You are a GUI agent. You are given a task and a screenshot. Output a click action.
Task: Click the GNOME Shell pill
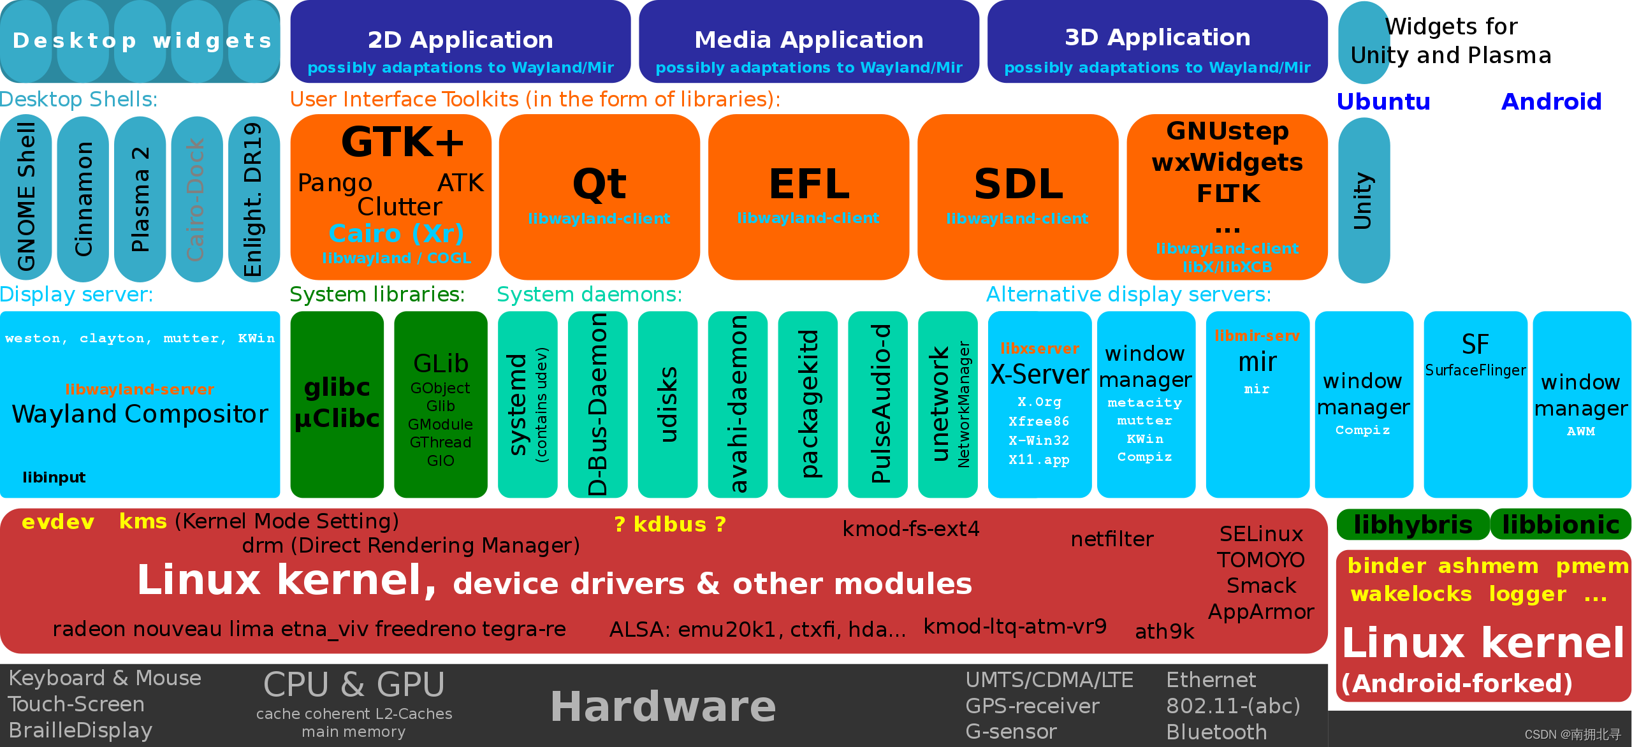pyautogui.click(x=26, y=198)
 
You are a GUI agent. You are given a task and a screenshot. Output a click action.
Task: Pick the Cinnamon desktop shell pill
pyautogui.click(x=84, y=198)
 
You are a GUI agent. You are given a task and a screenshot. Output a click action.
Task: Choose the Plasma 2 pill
pyautogui.click(x=140, y=198)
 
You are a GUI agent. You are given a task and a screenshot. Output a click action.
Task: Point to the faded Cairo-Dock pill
pyautogui.click(x=196, y=198)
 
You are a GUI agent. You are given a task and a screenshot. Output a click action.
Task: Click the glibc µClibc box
pyautogui.click(x=337, y=404)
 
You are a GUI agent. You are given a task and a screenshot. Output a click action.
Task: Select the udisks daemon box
pyautogui.click(x=667, y=404)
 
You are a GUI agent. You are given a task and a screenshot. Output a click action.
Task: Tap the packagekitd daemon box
pyautogui.click(x=808, y=404)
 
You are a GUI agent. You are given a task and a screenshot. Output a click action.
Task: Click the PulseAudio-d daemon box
pyautogui.click(x=878, y=404)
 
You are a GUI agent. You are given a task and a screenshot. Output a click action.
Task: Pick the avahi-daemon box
pyautogui.click(x=738, y=404)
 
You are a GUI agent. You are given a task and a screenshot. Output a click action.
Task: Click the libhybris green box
pyautogui.click(x=1413, y=525)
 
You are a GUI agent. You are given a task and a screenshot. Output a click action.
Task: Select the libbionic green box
pyautogui.click(x=1561, y=525)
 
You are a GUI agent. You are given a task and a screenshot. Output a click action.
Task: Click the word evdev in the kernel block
pyautogui.click(x=58, y=522)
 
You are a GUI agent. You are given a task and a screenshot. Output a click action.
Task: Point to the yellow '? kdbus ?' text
pyautogui.click(x=669, y=524)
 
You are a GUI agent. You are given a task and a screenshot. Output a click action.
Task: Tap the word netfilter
pyautogui.click(x=1112, y=539)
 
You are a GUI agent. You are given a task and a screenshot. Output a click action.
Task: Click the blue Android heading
pyautogui.click(x=1551, y=101)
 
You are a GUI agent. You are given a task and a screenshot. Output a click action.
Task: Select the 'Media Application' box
pyautogui.click(x=808, y=42)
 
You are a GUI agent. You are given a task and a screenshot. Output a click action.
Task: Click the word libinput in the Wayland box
pyautogui.click(x=54, y=477)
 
